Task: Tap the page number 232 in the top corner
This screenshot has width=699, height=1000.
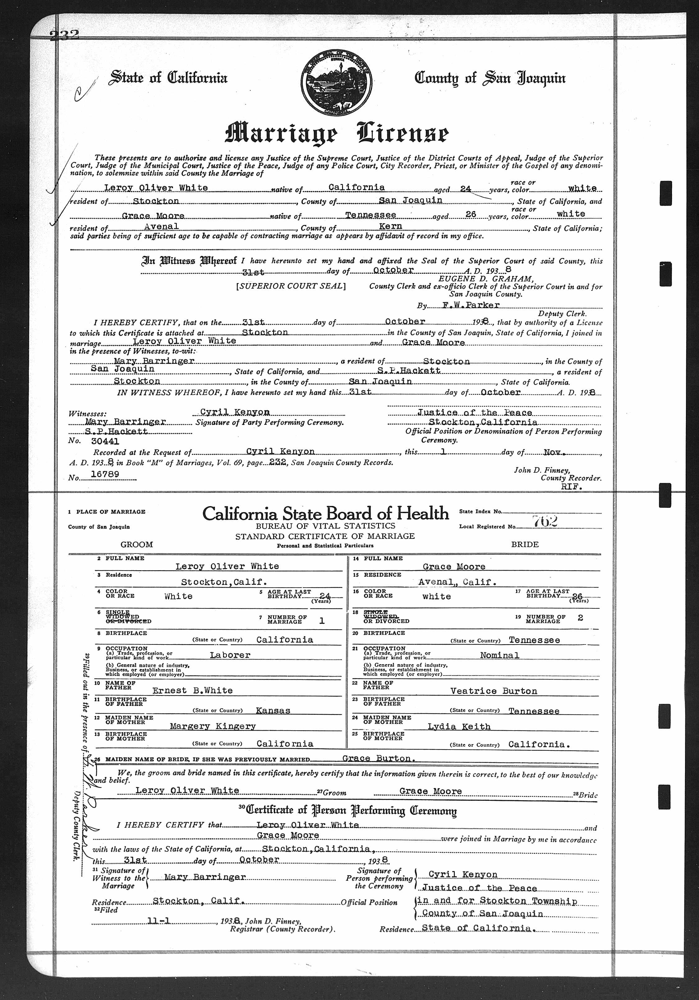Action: click(64, 35)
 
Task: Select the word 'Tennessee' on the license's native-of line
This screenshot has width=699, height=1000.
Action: click(371, 215)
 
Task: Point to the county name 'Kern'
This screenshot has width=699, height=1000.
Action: click(390, 226)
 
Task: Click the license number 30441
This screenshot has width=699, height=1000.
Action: click(105, 441)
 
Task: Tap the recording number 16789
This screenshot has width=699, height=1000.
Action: click(105, 474)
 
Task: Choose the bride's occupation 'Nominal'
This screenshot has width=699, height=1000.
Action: click(499, 655)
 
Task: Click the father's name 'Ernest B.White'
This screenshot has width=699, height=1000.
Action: click(193, 690)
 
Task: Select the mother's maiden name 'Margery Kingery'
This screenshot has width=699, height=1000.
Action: click(212, 726)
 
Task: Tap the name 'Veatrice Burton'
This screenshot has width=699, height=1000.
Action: click(493, 691)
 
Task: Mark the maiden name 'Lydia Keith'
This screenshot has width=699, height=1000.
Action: click(459, 727)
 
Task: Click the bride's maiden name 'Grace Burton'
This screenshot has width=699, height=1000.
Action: click(377, 758)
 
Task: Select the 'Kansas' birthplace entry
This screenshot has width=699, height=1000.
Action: click(273, 710)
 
